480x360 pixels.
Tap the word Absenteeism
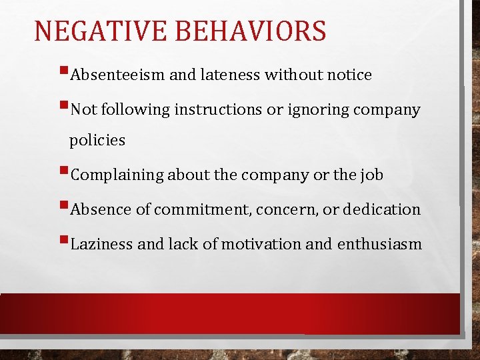click(117, 75)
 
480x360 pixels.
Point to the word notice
click(349, 75)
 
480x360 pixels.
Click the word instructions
click(219, 110)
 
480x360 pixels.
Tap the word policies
click(97, 141)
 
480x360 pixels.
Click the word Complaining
click(117, 175)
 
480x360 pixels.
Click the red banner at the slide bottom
click(230, 313)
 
